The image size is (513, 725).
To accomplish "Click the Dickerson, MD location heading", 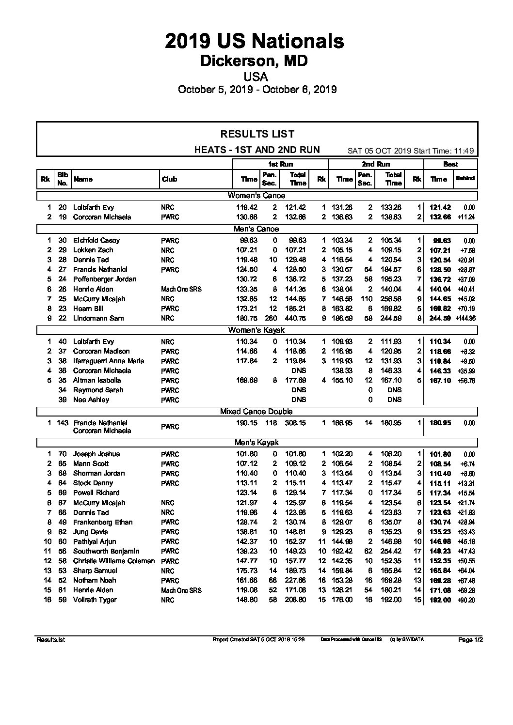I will pos(255,61).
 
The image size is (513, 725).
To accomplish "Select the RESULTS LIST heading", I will pos(257,134).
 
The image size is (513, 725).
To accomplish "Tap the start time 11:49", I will pos(465,151).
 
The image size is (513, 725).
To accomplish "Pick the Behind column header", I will pos(465,179).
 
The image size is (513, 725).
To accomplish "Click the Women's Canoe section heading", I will pos(256,196).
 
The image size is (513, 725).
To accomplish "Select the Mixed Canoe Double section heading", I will pos(256,411).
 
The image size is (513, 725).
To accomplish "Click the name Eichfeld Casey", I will pos(96,240).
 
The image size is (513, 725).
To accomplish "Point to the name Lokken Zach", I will pos(93,250).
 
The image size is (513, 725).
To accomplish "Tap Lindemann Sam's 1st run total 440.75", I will pos(298,318).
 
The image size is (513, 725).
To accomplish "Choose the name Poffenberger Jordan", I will pos(105,279).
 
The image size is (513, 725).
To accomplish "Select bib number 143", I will pos(63,423).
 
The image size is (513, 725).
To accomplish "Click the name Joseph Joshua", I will pos(96,454).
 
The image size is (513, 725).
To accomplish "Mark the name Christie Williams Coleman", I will pos(114,561).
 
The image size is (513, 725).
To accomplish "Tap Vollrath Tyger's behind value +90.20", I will pos(465,600).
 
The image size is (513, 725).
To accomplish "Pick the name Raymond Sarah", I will pos(98,390).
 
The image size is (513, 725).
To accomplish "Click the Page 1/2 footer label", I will pos(470,640).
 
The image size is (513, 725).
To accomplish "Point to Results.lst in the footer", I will pos(50,640).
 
